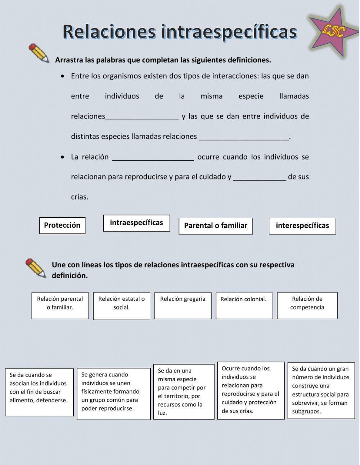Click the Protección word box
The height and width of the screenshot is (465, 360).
click(x=62, y=225)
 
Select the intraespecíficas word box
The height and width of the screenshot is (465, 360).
click(x=136, y=223)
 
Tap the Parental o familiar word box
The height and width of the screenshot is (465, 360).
click(x=216, y=226)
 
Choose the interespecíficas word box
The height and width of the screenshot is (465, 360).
click(x=302, y=226)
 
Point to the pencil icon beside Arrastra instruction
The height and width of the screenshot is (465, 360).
click(x=39, y=53)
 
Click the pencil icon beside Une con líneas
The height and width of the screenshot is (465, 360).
click(x=36, y=268)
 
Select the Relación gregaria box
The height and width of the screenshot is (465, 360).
click(x=183, y=305)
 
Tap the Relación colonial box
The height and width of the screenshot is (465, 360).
click(x=244, y=305)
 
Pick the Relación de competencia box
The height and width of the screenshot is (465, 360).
click(x=307, y=305)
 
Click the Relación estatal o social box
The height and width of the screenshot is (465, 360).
click(x=121, y=306)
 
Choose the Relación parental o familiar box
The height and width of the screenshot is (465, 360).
click(x=60, y=305)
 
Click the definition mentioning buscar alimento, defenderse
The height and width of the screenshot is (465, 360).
click(x=39, y=392)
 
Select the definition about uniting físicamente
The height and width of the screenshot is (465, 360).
click(x=113, y=394)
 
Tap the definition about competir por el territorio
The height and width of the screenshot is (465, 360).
click(x=184, y=392)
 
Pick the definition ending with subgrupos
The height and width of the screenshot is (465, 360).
click(x=321, y=390)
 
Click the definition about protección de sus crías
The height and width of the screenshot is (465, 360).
click(x=251, y=390)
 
